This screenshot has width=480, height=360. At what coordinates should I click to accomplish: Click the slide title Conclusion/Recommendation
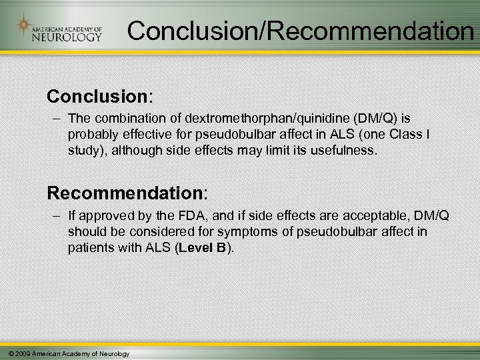[301, 29]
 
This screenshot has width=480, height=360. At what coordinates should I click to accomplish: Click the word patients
[89, 247]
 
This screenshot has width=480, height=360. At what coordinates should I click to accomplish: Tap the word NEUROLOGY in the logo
[67, 37]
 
